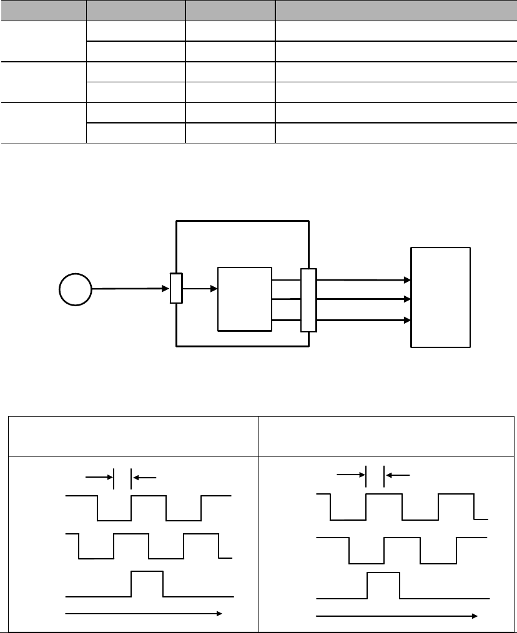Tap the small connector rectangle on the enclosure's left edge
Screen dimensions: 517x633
(176, 289)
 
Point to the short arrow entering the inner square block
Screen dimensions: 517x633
(200, 289)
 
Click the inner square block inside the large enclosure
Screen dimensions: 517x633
(244, 299)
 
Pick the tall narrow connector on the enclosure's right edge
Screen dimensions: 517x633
(308, 300)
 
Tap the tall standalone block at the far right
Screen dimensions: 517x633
(440, 297)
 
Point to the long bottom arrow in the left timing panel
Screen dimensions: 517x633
(144, 614)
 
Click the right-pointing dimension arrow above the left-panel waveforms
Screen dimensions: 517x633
(99, 477)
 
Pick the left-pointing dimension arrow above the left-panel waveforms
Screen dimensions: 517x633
(144, 477)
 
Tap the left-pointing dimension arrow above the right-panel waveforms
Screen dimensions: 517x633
(398, 475)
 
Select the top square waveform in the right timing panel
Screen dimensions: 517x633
(402, 506)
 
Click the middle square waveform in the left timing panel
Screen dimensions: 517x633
(149, 546)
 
